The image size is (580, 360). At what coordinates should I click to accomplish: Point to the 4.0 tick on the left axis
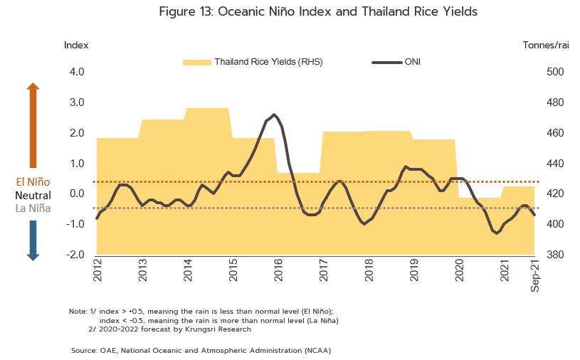76,72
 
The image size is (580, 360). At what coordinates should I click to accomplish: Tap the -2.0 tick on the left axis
75,255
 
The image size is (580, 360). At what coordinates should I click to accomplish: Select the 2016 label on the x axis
278,271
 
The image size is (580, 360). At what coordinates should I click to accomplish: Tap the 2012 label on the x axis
97,271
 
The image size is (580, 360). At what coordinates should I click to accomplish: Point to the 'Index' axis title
76,45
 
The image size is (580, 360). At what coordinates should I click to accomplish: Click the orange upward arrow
33,125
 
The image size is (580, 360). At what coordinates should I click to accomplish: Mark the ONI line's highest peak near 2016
275,115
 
